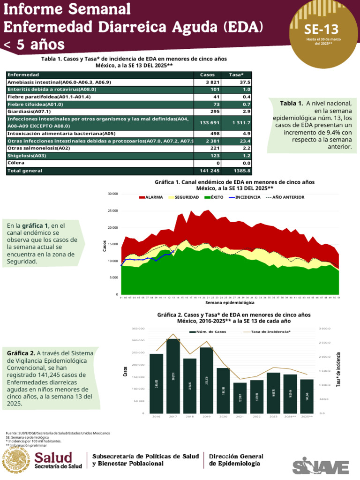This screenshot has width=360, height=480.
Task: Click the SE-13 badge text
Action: [321, 30]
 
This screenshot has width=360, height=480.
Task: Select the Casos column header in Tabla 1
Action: [207, 75]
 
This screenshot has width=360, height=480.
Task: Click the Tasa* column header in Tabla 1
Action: [236, 75]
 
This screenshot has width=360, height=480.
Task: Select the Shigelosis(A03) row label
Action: [27, 156]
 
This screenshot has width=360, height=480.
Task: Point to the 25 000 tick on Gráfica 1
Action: [112, 210]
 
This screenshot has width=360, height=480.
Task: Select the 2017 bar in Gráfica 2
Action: [173, 375]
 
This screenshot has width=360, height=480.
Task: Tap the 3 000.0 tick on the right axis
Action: [325, 329]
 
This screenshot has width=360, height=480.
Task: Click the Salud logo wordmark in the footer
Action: [54, 457]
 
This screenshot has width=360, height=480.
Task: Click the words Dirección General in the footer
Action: [236, 456]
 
